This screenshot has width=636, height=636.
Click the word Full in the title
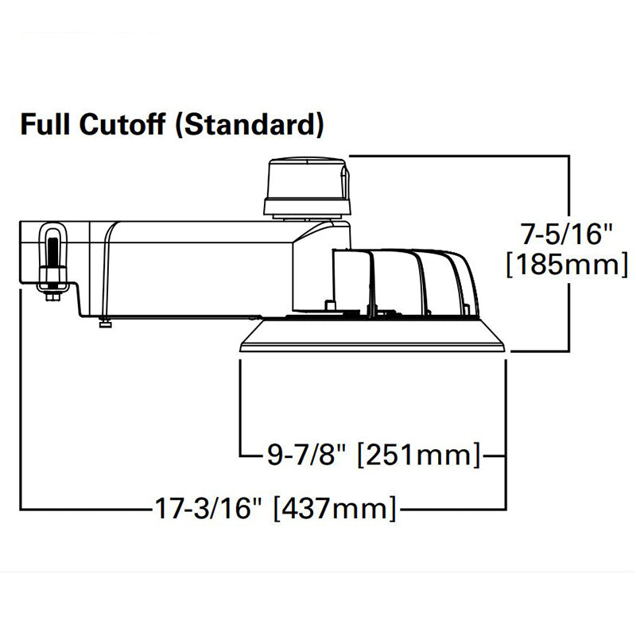pos(45,124)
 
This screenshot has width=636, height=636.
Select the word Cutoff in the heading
pos(122,124)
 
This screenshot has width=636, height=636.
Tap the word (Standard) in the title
pos(250,125)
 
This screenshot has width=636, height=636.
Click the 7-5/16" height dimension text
pos(566,234)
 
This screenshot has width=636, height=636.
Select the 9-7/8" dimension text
pos(307,454)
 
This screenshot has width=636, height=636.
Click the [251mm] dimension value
pos(419,455)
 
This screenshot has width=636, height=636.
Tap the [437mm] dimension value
pos(335,508)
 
